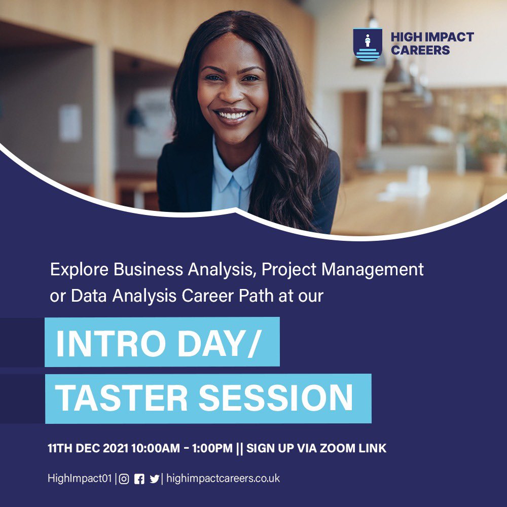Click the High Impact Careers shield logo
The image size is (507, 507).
pos(368,45)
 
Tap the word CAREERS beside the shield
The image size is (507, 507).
pos(420,50)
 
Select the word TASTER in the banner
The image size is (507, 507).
pos(121,398)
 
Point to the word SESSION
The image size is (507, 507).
pos(275,398)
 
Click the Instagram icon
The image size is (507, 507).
pos(124,479)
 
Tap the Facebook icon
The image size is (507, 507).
pos(139,479)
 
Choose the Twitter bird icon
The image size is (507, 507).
pos(154,479)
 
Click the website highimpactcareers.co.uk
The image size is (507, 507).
pos(223,478)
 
